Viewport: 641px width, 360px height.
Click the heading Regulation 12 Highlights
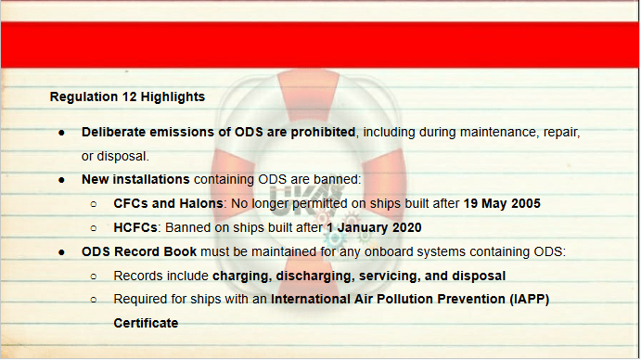point(127,96)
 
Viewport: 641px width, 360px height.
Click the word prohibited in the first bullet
point(323,132)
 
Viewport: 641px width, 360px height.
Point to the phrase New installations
point(135,180)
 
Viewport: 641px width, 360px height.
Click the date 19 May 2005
point(502,204)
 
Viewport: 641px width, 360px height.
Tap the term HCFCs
point(135,228)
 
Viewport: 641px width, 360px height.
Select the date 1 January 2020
point(374,228)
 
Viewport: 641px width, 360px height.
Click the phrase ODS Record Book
point(139,251)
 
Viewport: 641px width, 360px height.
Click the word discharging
point(314,276)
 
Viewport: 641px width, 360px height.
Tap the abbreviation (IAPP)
point(529,299)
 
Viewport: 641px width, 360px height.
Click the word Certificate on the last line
point(146,323)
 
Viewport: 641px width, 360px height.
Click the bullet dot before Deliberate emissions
point(61,133)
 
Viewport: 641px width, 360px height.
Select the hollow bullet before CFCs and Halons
point(94,204)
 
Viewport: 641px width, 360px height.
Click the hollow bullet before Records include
point(94,276)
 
